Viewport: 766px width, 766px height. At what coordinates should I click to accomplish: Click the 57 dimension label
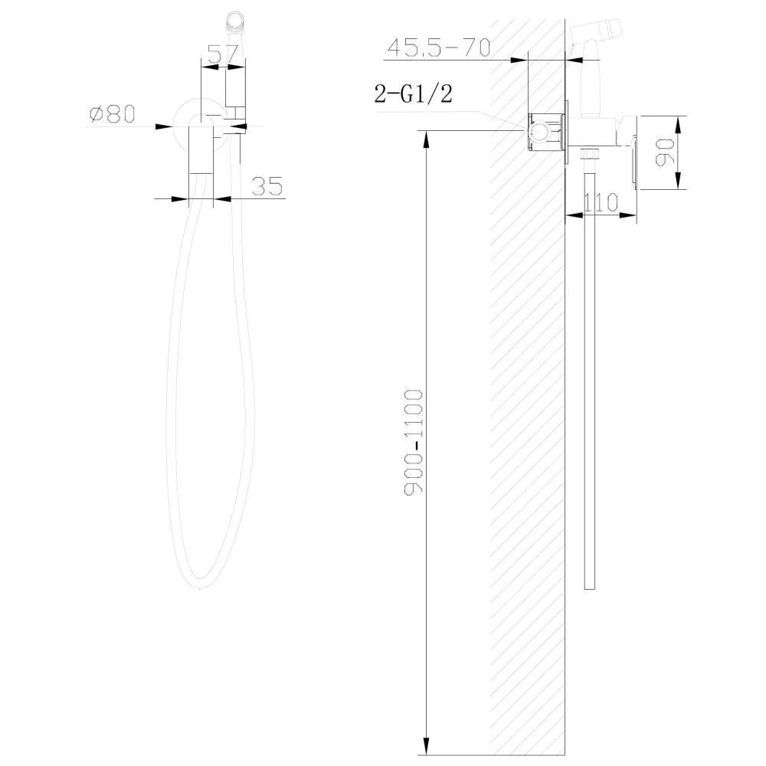click(223, 54)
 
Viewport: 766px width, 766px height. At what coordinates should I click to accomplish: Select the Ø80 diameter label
click(113, 114)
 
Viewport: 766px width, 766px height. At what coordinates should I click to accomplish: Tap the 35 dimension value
click(267, 187)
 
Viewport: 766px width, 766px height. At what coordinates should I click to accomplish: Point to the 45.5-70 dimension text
click(439, 47)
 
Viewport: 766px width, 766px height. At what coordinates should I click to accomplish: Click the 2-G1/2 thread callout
click(414, 93)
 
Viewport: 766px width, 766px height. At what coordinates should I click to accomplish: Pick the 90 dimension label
click(664, 152)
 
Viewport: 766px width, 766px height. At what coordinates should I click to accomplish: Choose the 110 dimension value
click(601, 202)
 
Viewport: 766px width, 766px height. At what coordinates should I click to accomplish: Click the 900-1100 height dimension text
click(414, 442)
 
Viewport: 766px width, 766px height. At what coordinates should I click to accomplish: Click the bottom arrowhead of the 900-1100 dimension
click(427, 747)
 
